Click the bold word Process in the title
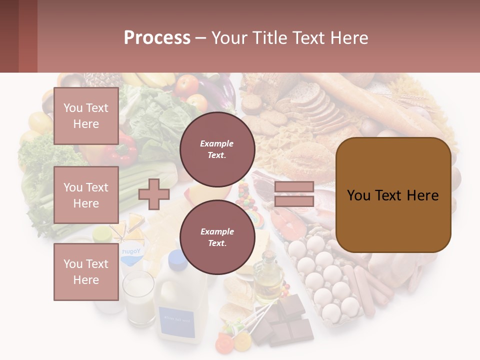click(x=157, y=37)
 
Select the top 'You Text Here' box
click(x=86, y=116)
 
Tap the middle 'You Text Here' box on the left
click(x=86, y=195)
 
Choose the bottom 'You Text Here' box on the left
click(x=86, y=272)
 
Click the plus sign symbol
click(x=154, y=194)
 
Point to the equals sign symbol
click(x=294, y=194)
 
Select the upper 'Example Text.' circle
click(x=217, y=149)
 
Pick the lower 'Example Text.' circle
click(x=217, y=237)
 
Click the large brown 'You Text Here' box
click(x=393, y=195)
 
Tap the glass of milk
click(x=138, y=297)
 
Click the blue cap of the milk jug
click(x=177, y=258)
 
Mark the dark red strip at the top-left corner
click(x=18, y=36)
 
